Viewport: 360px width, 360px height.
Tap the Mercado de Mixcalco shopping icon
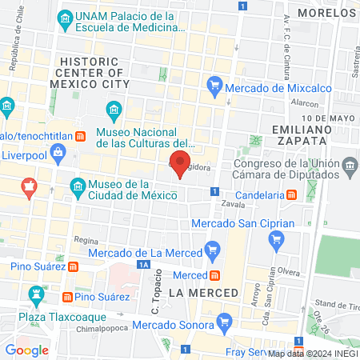click(214, 83)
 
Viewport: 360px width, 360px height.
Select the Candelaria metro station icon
click(292, 194)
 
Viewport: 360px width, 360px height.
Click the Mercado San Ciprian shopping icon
click(277, 238)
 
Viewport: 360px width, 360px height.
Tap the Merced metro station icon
click(205, 275)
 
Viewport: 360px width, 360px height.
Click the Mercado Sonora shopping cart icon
click(228, 325)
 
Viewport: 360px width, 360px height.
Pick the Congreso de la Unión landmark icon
click(350, 166)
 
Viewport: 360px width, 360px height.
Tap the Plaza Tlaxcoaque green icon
click(34, 297)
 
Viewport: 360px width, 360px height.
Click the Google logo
click(27, 350)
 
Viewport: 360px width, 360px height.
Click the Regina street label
click(85, 238)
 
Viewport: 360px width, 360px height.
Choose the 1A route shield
click(143, 264)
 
